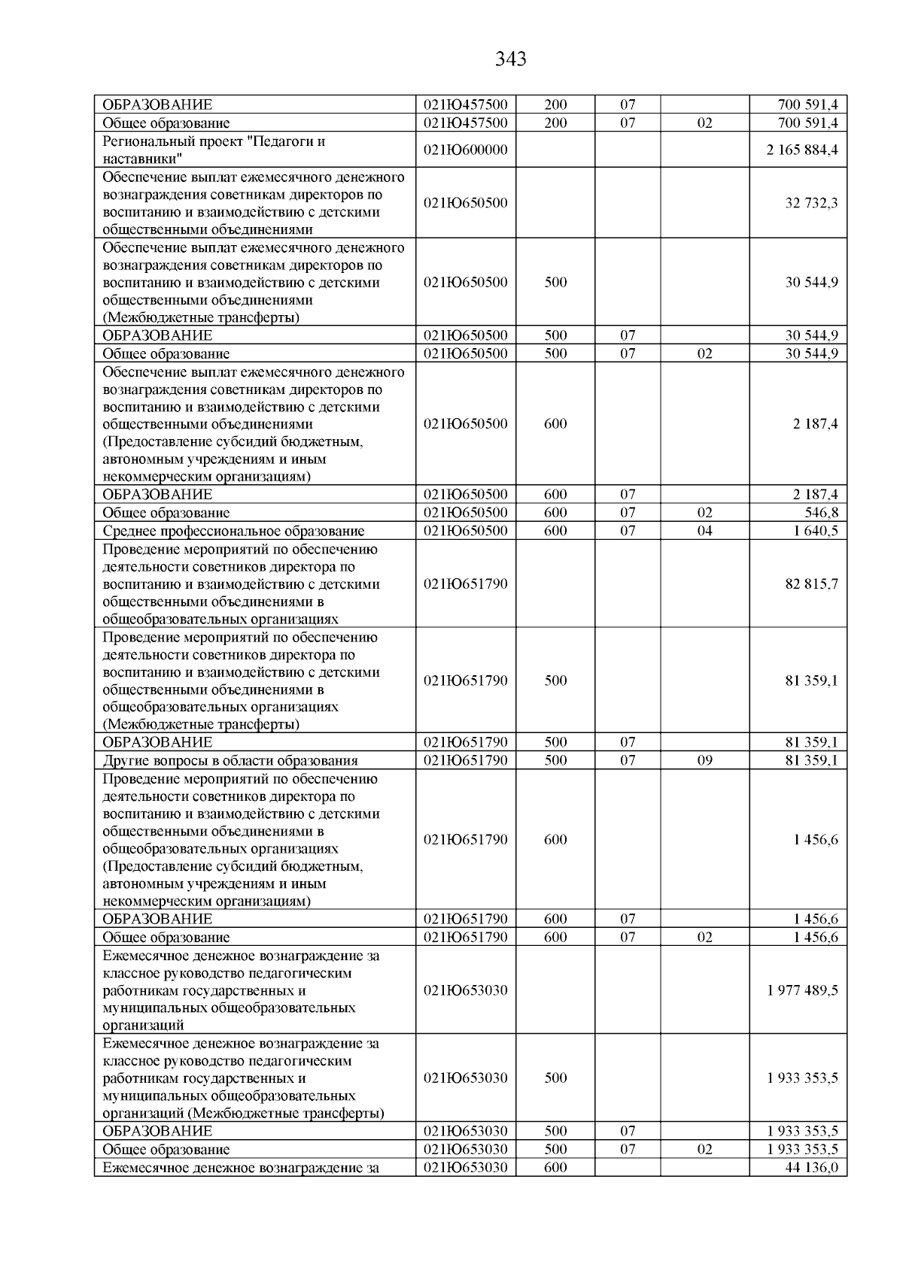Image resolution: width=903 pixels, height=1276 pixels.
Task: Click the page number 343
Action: [511, 59]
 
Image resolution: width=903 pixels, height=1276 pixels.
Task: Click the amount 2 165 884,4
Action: [802, 150]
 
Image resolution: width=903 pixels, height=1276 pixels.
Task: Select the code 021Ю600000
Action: [466, 150]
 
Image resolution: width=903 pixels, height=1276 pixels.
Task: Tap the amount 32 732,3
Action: [811, 203]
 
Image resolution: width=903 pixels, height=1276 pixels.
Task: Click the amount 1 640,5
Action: [816, 531]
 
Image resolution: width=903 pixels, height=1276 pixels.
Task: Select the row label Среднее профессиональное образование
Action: [233, 531]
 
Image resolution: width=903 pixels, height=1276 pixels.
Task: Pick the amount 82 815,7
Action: [811, 584]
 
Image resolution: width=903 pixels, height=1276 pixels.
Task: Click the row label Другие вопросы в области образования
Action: [230, 760]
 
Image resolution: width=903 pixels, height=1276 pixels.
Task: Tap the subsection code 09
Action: [704, 760]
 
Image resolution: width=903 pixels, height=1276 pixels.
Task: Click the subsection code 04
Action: [704, 531]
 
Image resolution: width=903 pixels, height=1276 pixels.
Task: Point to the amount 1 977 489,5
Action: [802, 990]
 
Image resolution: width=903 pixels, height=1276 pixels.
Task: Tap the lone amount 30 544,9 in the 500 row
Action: [811, 283]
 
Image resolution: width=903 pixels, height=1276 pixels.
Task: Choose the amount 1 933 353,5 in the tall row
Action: [802, 1078]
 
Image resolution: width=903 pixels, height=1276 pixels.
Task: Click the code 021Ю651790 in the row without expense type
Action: [466, 584]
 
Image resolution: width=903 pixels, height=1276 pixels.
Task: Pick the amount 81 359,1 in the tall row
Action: [811, 681]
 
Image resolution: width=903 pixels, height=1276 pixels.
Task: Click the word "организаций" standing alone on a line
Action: [143, 1025]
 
